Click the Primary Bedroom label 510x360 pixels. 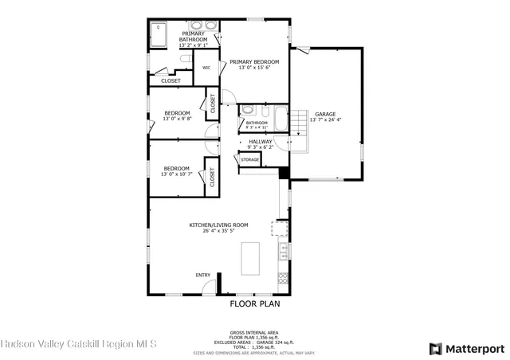tap(254, 62)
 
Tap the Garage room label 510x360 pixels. tap(324, 114)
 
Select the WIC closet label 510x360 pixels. tap(206, 68)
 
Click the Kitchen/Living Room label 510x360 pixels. tap(218, 225)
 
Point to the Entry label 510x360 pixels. tap(203, 276)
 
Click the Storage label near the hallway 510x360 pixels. tap(250, 160)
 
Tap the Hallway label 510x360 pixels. tap(260, 141)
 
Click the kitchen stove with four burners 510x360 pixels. tap(282, 278)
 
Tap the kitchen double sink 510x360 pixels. tap(282, 254)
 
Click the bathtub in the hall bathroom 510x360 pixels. tap(280, 119)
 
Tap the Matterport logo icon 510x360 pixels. tap(435, 348)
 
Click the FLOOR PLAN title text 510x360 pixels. tap(254, 303)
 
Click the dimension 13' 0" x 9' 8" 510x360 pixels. tap(176, 119)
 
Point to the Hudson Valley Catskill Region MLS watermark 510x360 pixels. tap(79, 345)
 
